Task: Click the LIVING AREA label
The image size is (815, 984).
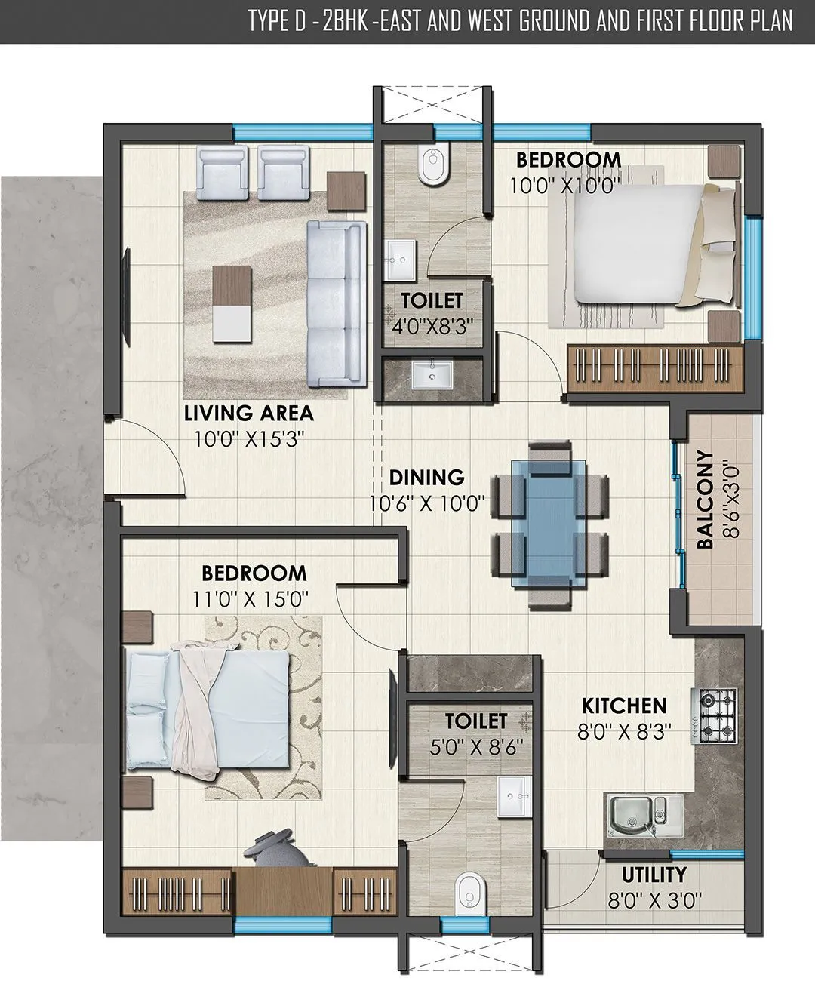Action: coord(249,413)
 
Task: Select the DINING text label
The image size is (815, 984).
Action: coord(426,478)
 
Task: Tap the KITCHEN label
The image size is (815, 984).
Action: coord(624,706)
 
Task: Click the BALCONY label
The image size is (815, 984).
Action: coord(705,500)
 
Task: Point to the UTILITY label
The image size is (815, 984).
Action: coord(654,875)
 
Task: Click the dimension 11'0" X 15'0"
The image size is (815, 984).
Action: coord(250,599)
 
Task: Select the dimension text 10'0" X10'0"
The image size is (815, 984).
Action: coord(559,186)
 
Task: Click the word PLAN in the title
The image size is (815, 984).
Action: coord(770,20)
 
